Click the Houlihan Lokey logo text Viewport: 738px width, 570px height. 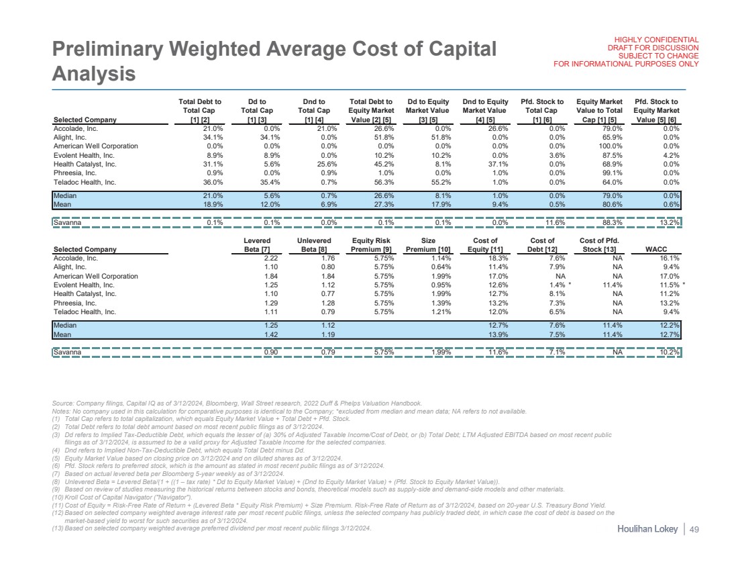click(648, 530)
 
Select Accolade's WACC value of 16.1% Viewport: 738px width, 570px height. click(671, 257)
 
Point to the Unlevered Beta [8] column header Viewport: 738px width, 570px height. click(315, 244)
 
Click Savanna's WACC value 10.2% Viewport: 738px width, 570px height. click(671, 351)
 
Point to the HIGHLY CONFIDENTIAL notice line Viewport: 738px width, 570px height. click(652, 40)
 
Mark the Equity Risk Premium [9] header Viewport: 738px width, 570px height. click(372, 244)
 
